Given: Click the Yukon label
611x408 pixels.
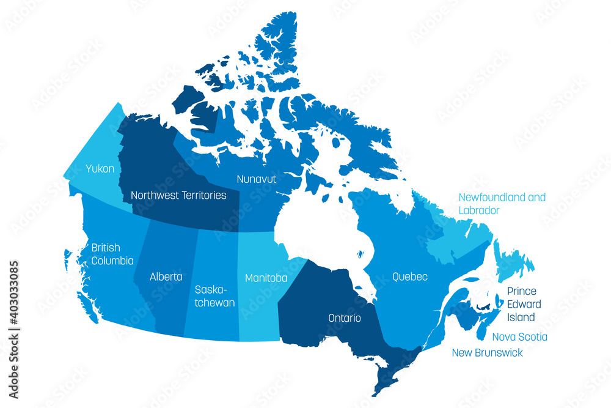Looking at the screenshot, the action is (100, 168).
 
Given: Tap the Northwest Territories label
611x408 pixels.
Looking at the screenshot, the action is (178, 196).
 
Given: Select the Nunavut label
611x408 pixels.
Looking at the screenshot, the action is (257, 179).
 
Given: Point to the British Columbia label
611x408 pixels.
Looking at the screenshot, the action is (112, 254).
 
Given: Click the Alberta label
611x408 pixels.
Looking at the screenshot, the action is (166, 276).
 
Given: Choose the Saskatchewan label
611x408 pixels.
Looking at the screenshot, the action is (214, 295).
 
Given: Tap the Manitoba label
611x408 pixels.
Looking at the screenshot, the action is (266, 278).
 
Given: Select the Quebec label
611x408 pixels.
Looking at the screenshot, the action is (410, 277).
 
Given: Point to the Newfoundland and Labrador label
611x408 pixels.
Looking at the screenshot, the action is (502, 204).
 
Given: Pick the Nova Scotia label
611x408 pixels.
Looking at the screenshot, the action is (519, 337).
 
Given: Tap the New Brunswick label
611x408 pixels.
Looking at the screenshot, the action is (487, 353).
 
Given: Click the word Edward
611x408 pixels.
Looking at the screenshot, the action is (524, 304).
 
